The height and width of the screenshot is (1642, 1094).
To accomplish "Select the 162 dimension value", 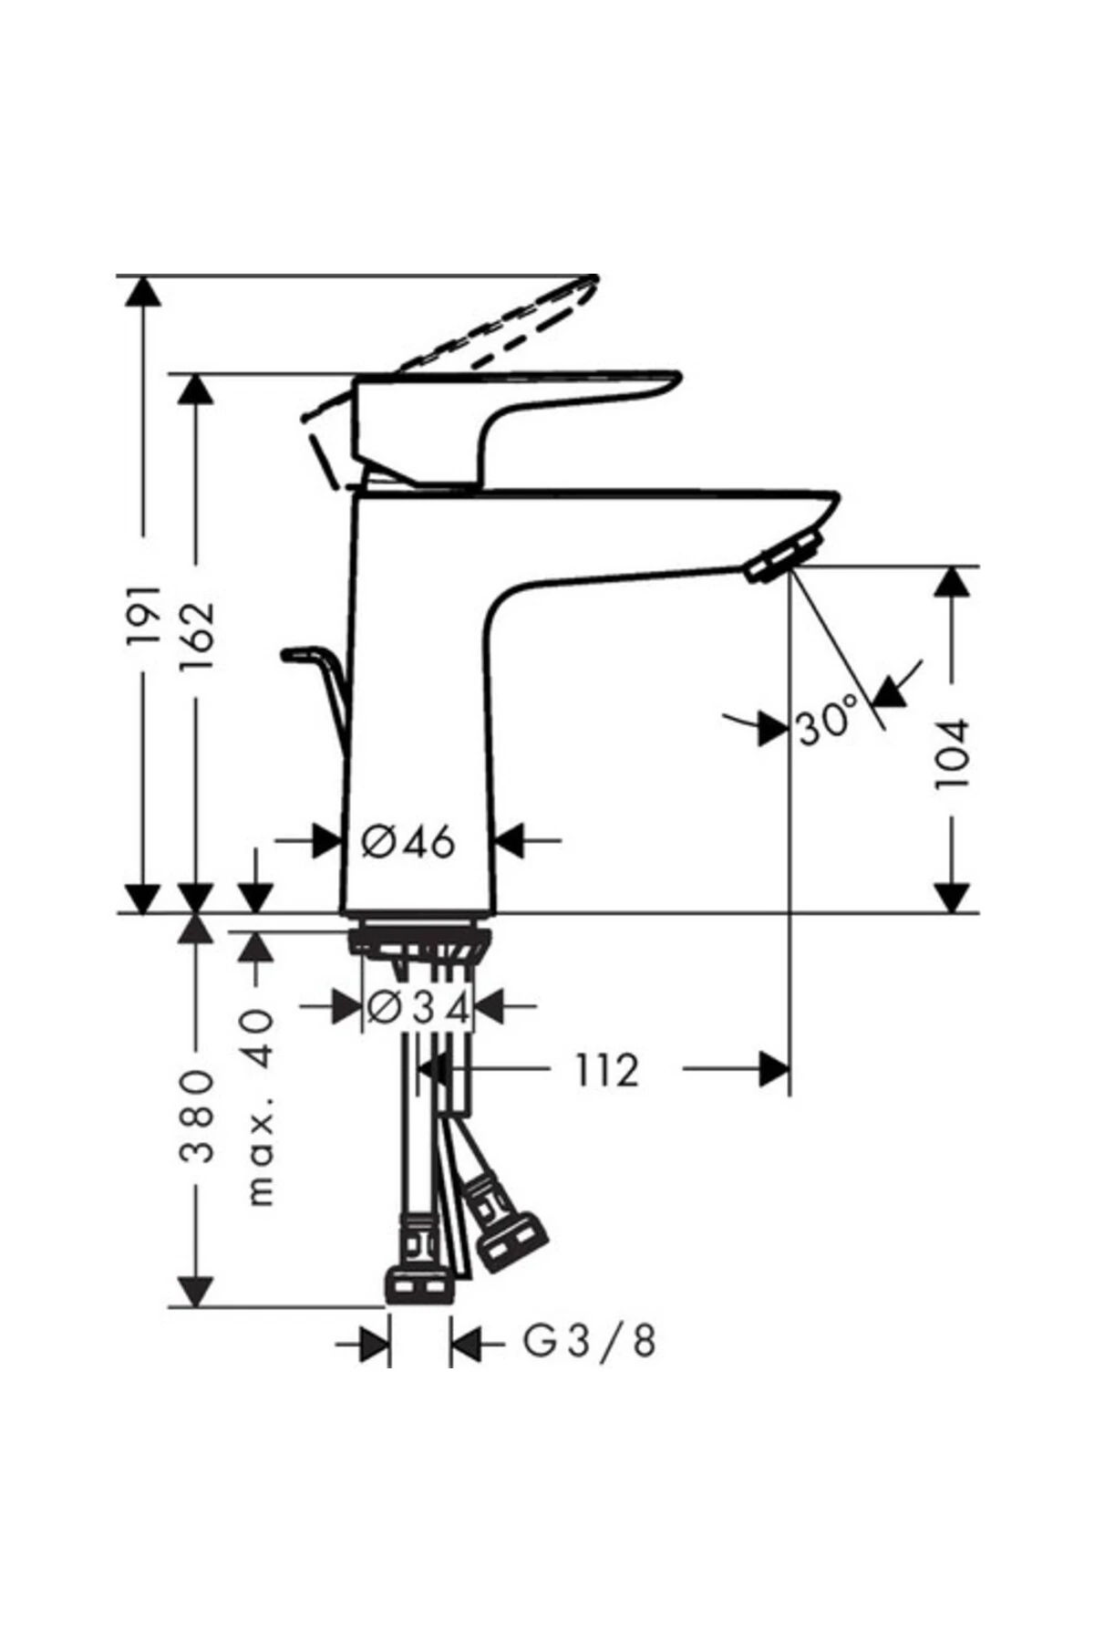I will click(x=196, y=636).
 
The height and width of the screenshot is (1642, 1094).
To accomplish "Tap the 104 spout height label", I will click(x=953, y=753).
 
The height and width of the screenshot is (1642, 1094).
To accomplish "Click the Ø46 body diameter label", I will click(x=408, y=841).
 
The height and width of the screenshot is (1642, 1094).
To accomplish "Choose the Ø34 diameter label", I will click(x=418, y=1008).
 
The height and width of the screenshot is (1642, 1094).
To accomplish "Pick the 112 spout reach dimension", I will click(x=606, y=1070).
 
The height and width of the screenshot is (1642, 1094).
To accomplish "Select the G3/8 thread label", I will click(x=589, y=1342).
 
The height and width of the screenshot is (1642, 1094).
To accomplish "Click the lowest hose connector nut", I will click(x=418, y=1287).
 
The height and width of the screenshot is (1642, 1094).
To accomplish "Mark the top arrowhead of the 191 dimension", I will click(x=143, y=292).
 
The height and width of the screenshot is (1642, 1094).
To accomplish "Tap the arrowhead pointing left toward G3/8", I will click(x=466, y=1344).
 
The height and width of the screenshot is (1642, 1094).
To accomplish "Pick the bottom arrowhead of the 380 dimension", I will click(x=196, y=1291).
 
